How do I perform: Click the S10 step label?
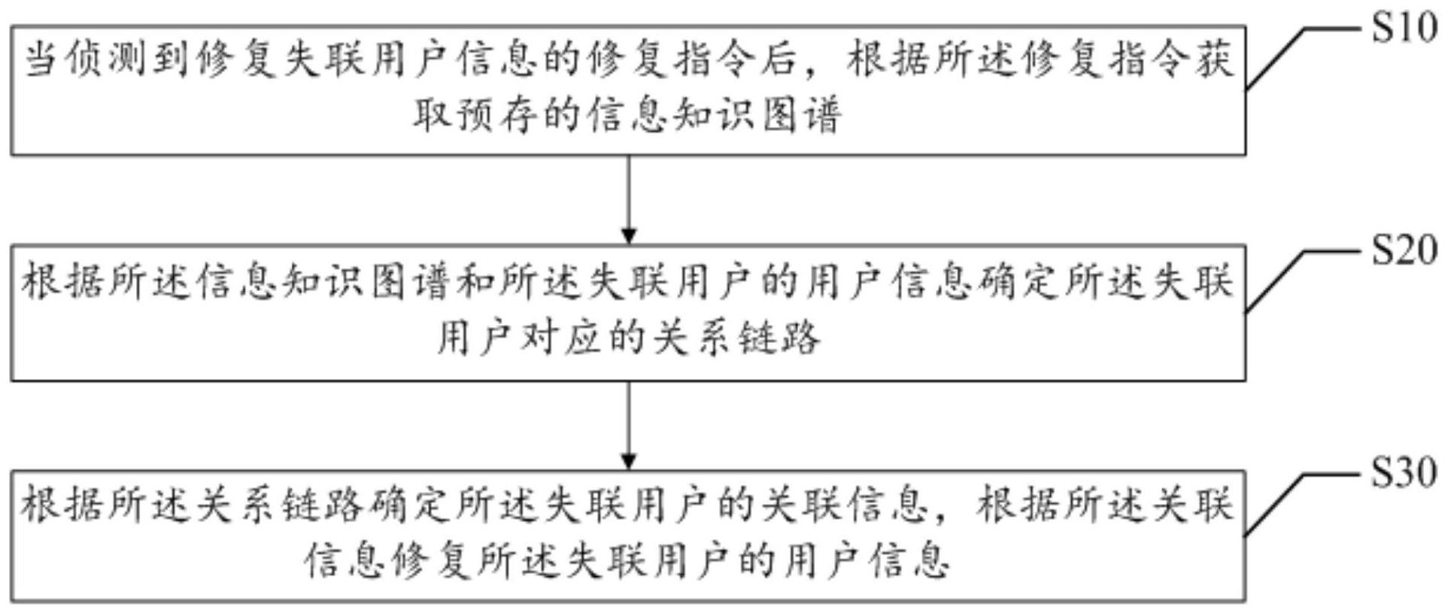click(x=1404, y=29)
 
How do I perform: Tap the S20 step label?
click(x=1404, y=250)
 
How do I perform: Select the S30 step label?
click(x=1404, y=472)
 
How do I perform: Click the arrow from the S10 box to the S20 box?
click(x=629, y=200)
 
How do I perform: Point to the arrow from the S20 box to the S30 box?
click(x=629, y=426)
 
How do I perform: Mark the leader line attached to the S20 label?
click(x=1304, y=281)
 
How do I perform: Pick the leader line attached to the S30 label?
click(x=1304, y=505)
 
